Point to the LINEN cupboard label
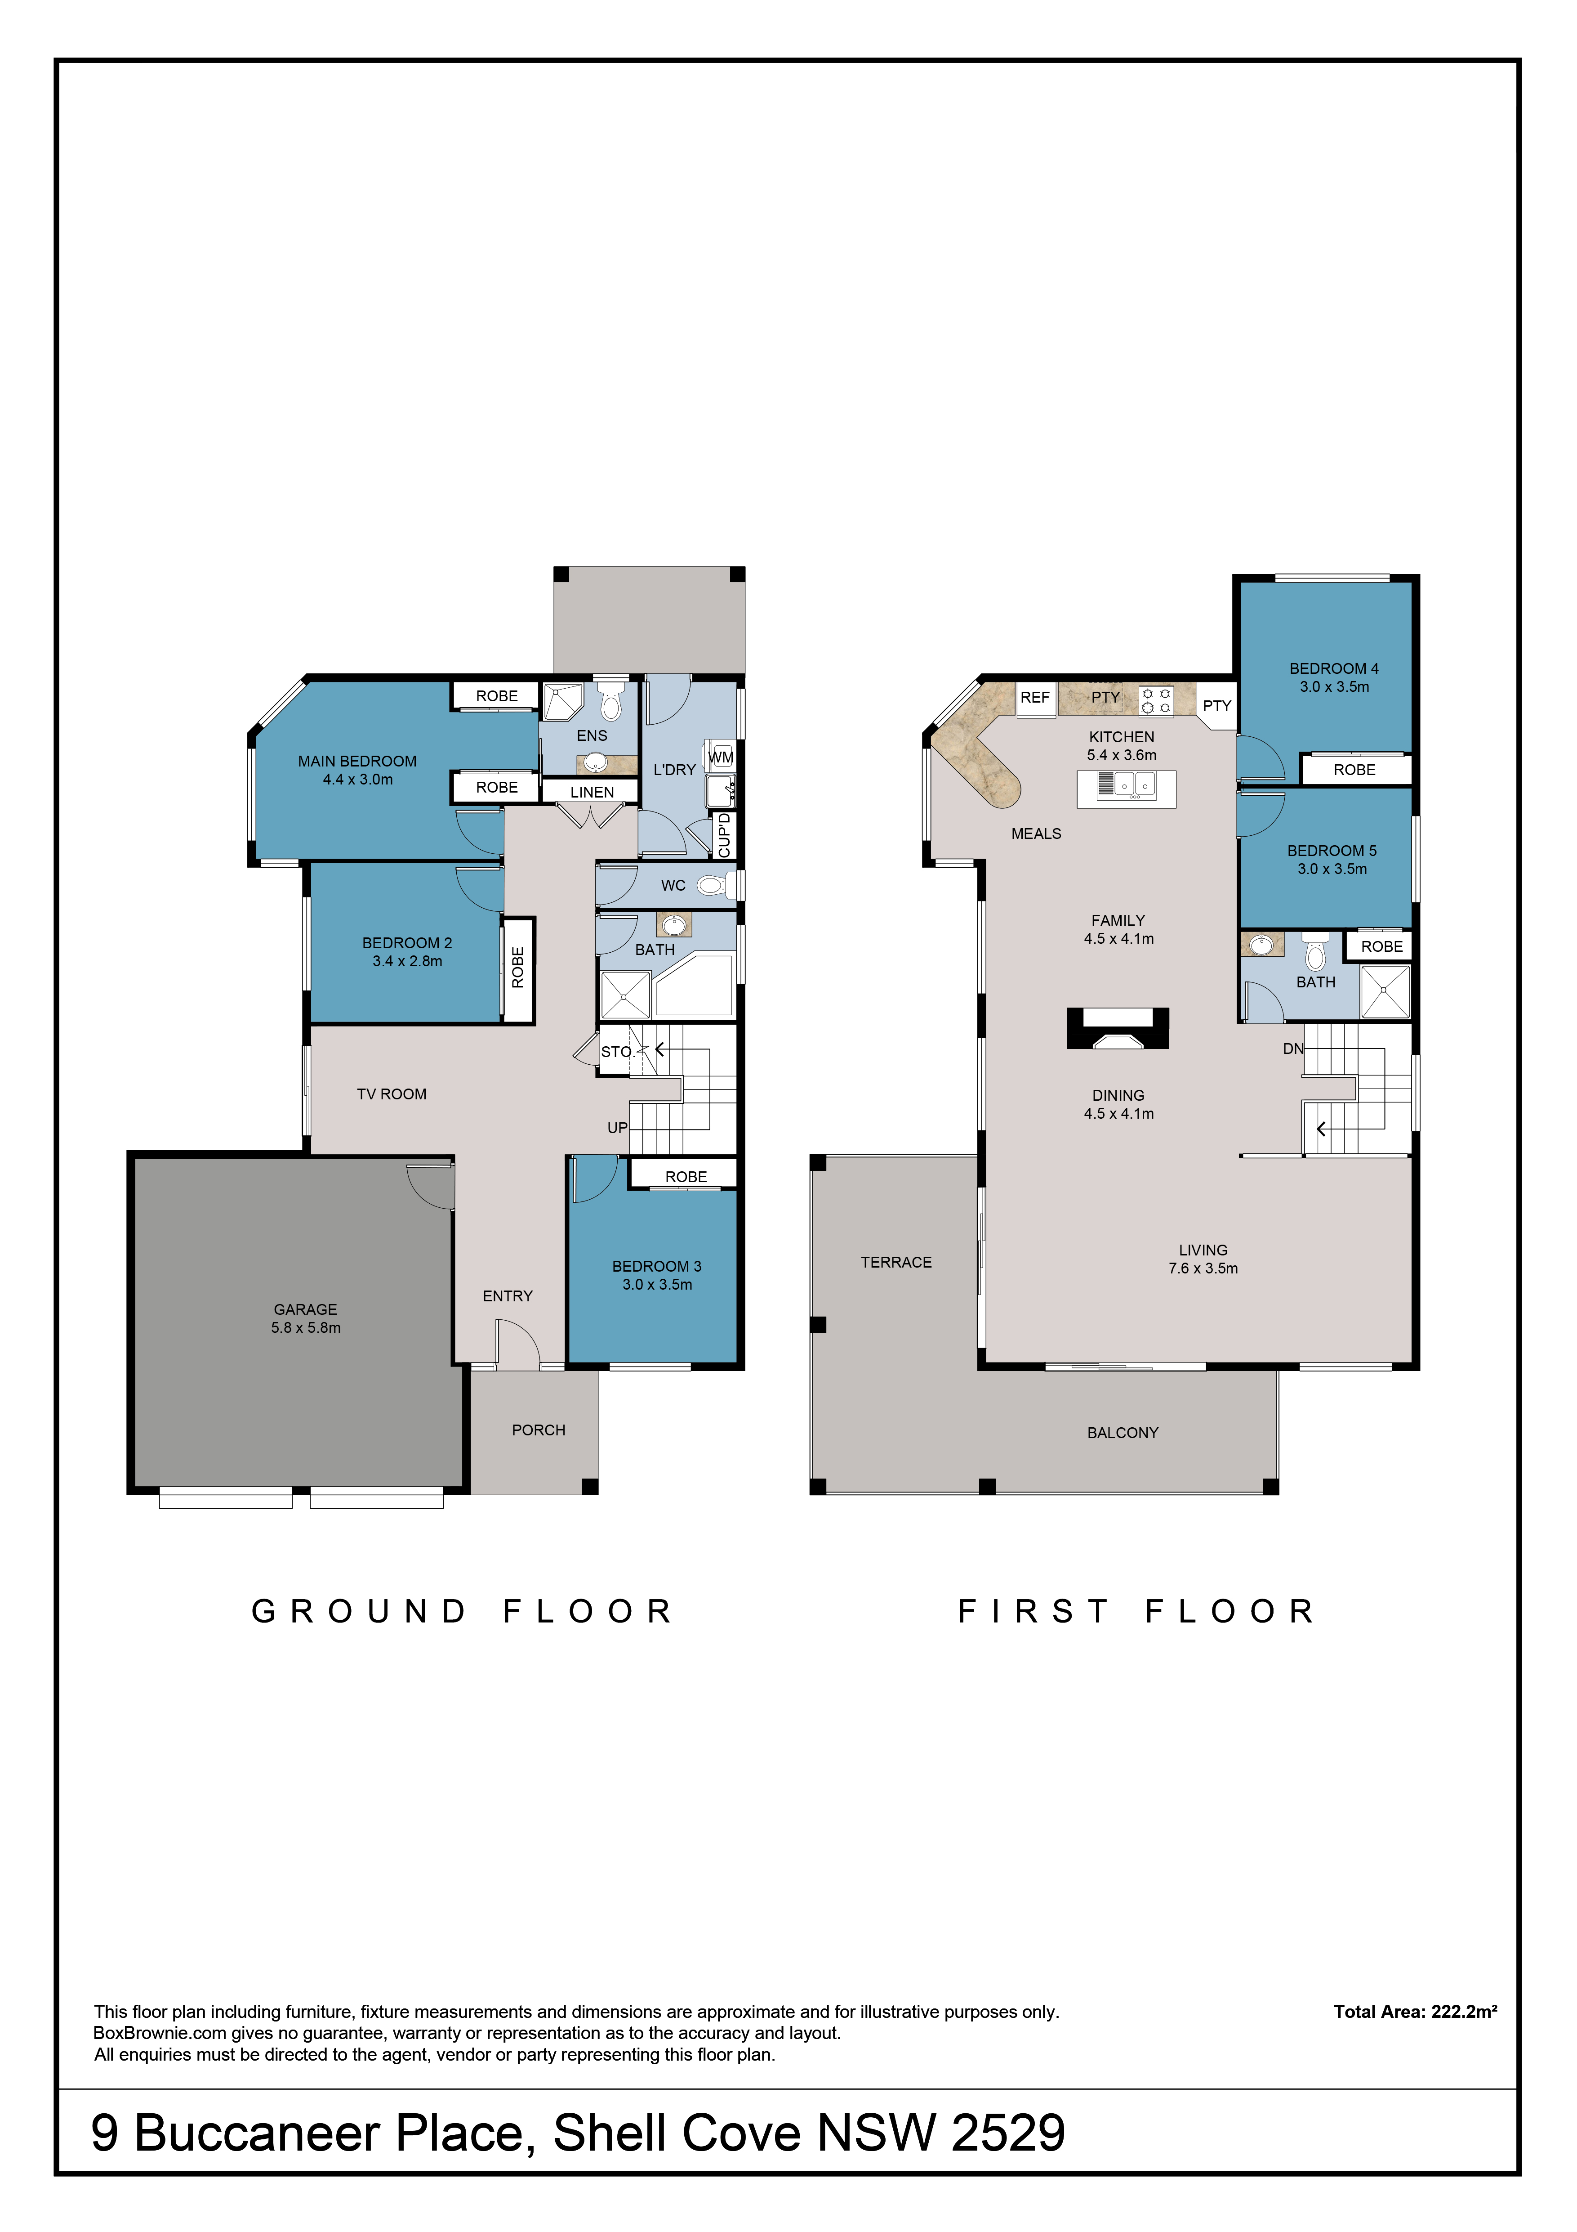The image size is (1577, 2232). point(592,792)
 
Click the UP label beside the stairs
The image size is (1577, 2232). point(617,1128)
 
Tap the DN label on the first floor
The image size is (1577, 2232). point(1293,1049)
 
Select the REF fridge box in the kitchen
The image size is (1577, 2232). point(1035,698)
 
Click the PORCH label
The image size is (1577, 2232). point(538,1430)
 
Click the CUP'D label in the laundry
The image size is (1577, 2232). point(724,835)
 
